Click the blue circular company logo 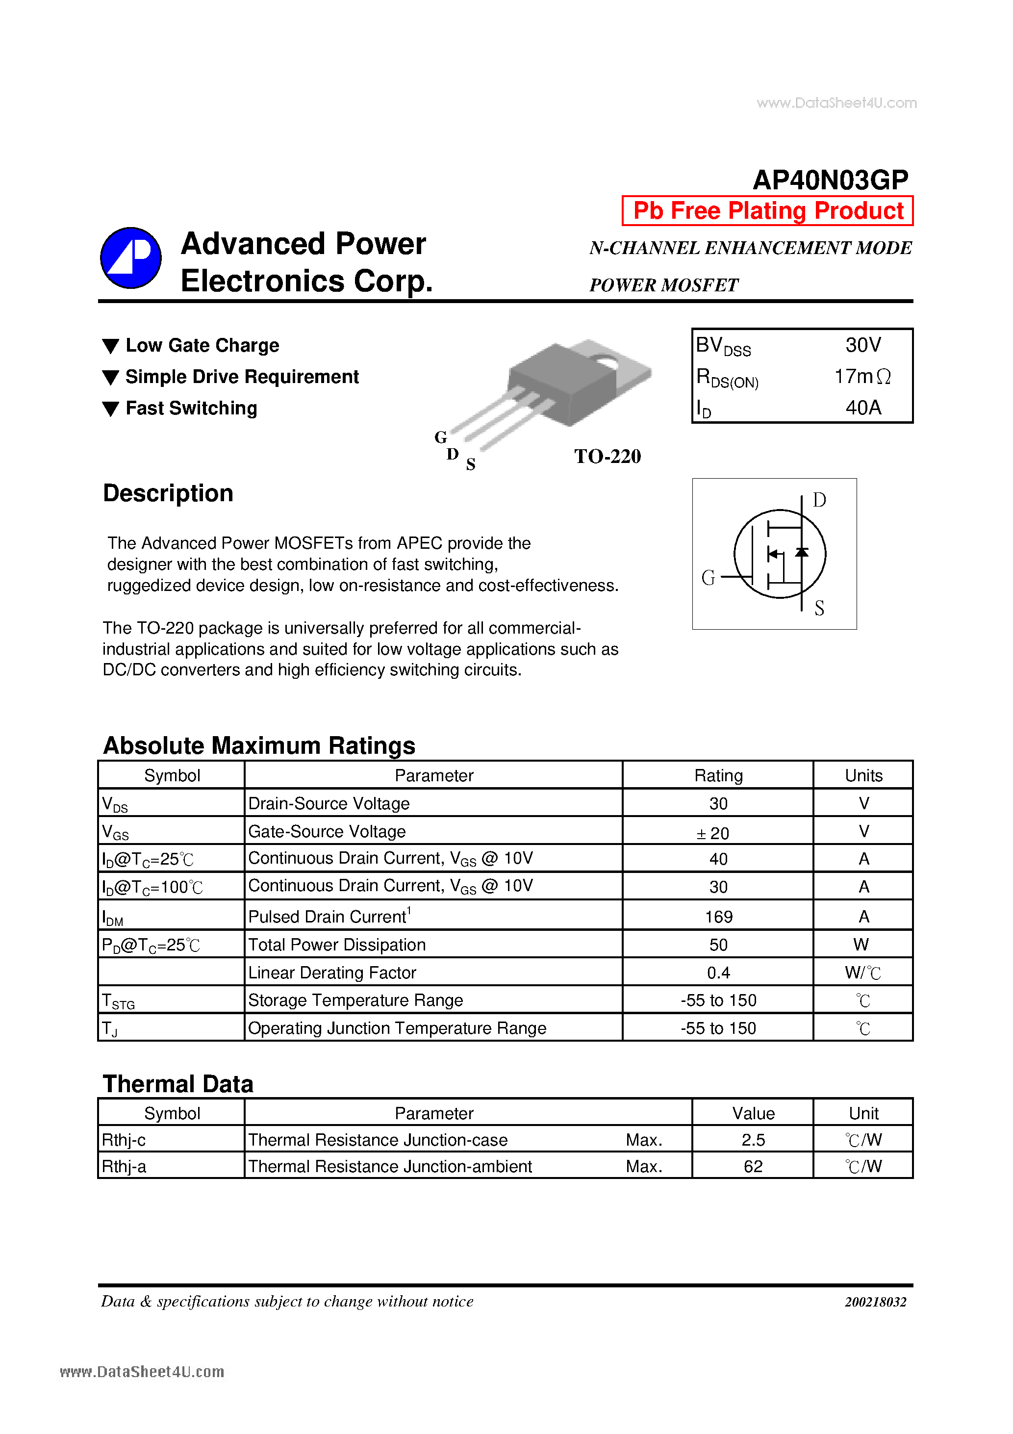[x=131, y=258]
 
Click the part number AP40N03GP [x=830, y=180]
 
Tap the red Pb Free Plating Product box [x=767, y=211]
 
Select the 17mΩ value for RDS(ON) [x=862, y=377]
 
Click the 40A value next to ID [x=863, y=408]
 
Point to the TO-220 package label [x=607, y=457]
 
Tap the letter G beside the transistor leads [x=441, y=437]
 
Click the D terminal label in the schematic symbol [x=819, y=500]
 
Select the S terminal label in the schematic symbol [x=819, y=608]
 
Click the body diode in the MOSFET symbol [x=801, y=552]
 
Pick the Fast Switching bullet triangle [x=110, y=409]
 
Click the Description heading [x=168, y=493]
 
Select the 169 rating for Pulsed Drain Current [x=718, y=917]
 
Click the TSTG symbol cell [x=119, y=1001]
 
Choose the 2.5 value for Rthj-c [x=753, y=1140]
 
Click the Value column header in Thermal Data [x=753, y=1113]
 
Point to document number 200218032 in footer [x=875, y=1302]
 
